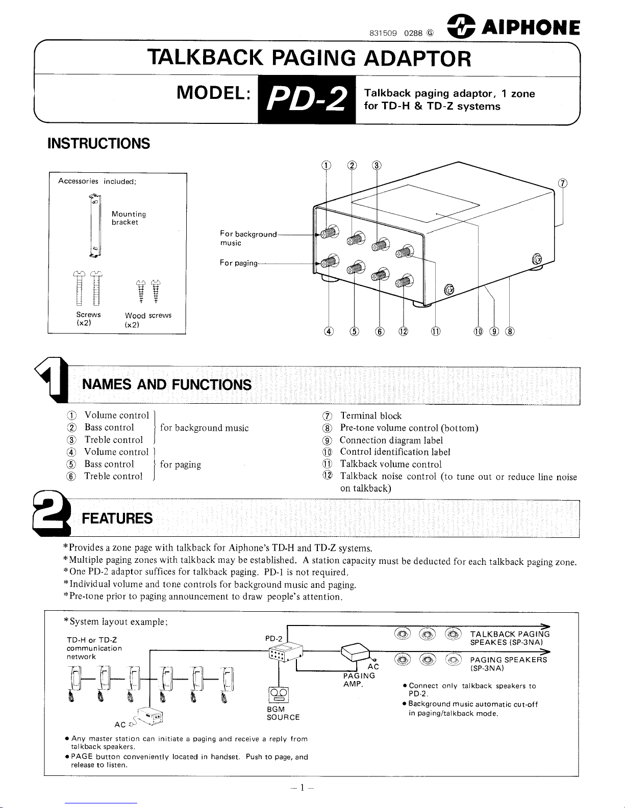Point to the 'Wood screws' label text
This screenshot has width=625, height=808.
click(x=148, y=316)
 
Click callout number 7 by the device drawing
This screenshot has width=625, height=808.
click(x=562, y=184)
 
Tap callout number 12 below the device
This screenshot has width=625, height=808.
click(x=404, y=332)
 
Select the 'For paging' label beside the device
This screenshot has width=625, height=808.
click(x=239, y=263)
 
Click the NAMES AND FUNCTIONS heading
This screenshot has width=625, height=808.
click(x=167, y=384)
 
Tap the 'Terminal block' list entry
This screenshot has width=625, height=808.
click(x=370, y=416)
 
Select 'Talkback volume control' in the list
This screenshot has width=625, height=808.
click(x=390, y=464)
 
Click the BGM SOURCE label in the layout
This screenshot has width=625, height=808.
click(x=283, y=713)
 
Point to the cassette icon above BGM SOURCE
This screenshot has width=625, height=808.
click(x=278, y=695)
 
